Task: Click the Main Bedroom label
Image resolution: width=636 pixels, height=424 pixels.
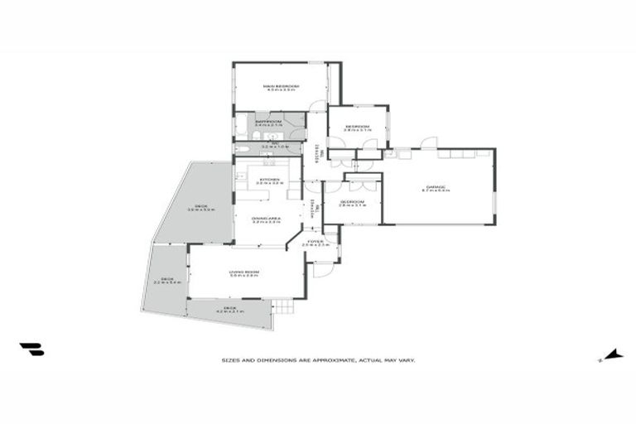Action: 280,86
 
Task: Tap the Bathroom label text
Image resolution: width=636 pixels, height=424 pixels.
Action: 268,122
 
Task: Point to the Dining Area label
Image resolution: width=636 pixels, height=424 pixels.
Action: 267,219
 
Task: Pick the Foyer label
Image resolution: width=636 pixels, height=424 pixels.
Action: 316,242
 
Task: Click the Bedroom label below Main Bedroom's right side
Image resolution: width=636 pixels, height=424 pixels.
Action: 357,127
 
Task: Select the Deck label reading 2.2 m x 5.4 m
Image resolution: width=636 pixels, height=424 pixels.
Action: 166,279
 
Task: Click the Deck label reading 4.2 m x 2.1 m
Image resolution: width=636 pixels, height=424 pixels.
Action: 229,308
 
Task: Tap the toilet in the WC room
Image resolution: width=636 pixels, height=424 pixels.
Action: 242,147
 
